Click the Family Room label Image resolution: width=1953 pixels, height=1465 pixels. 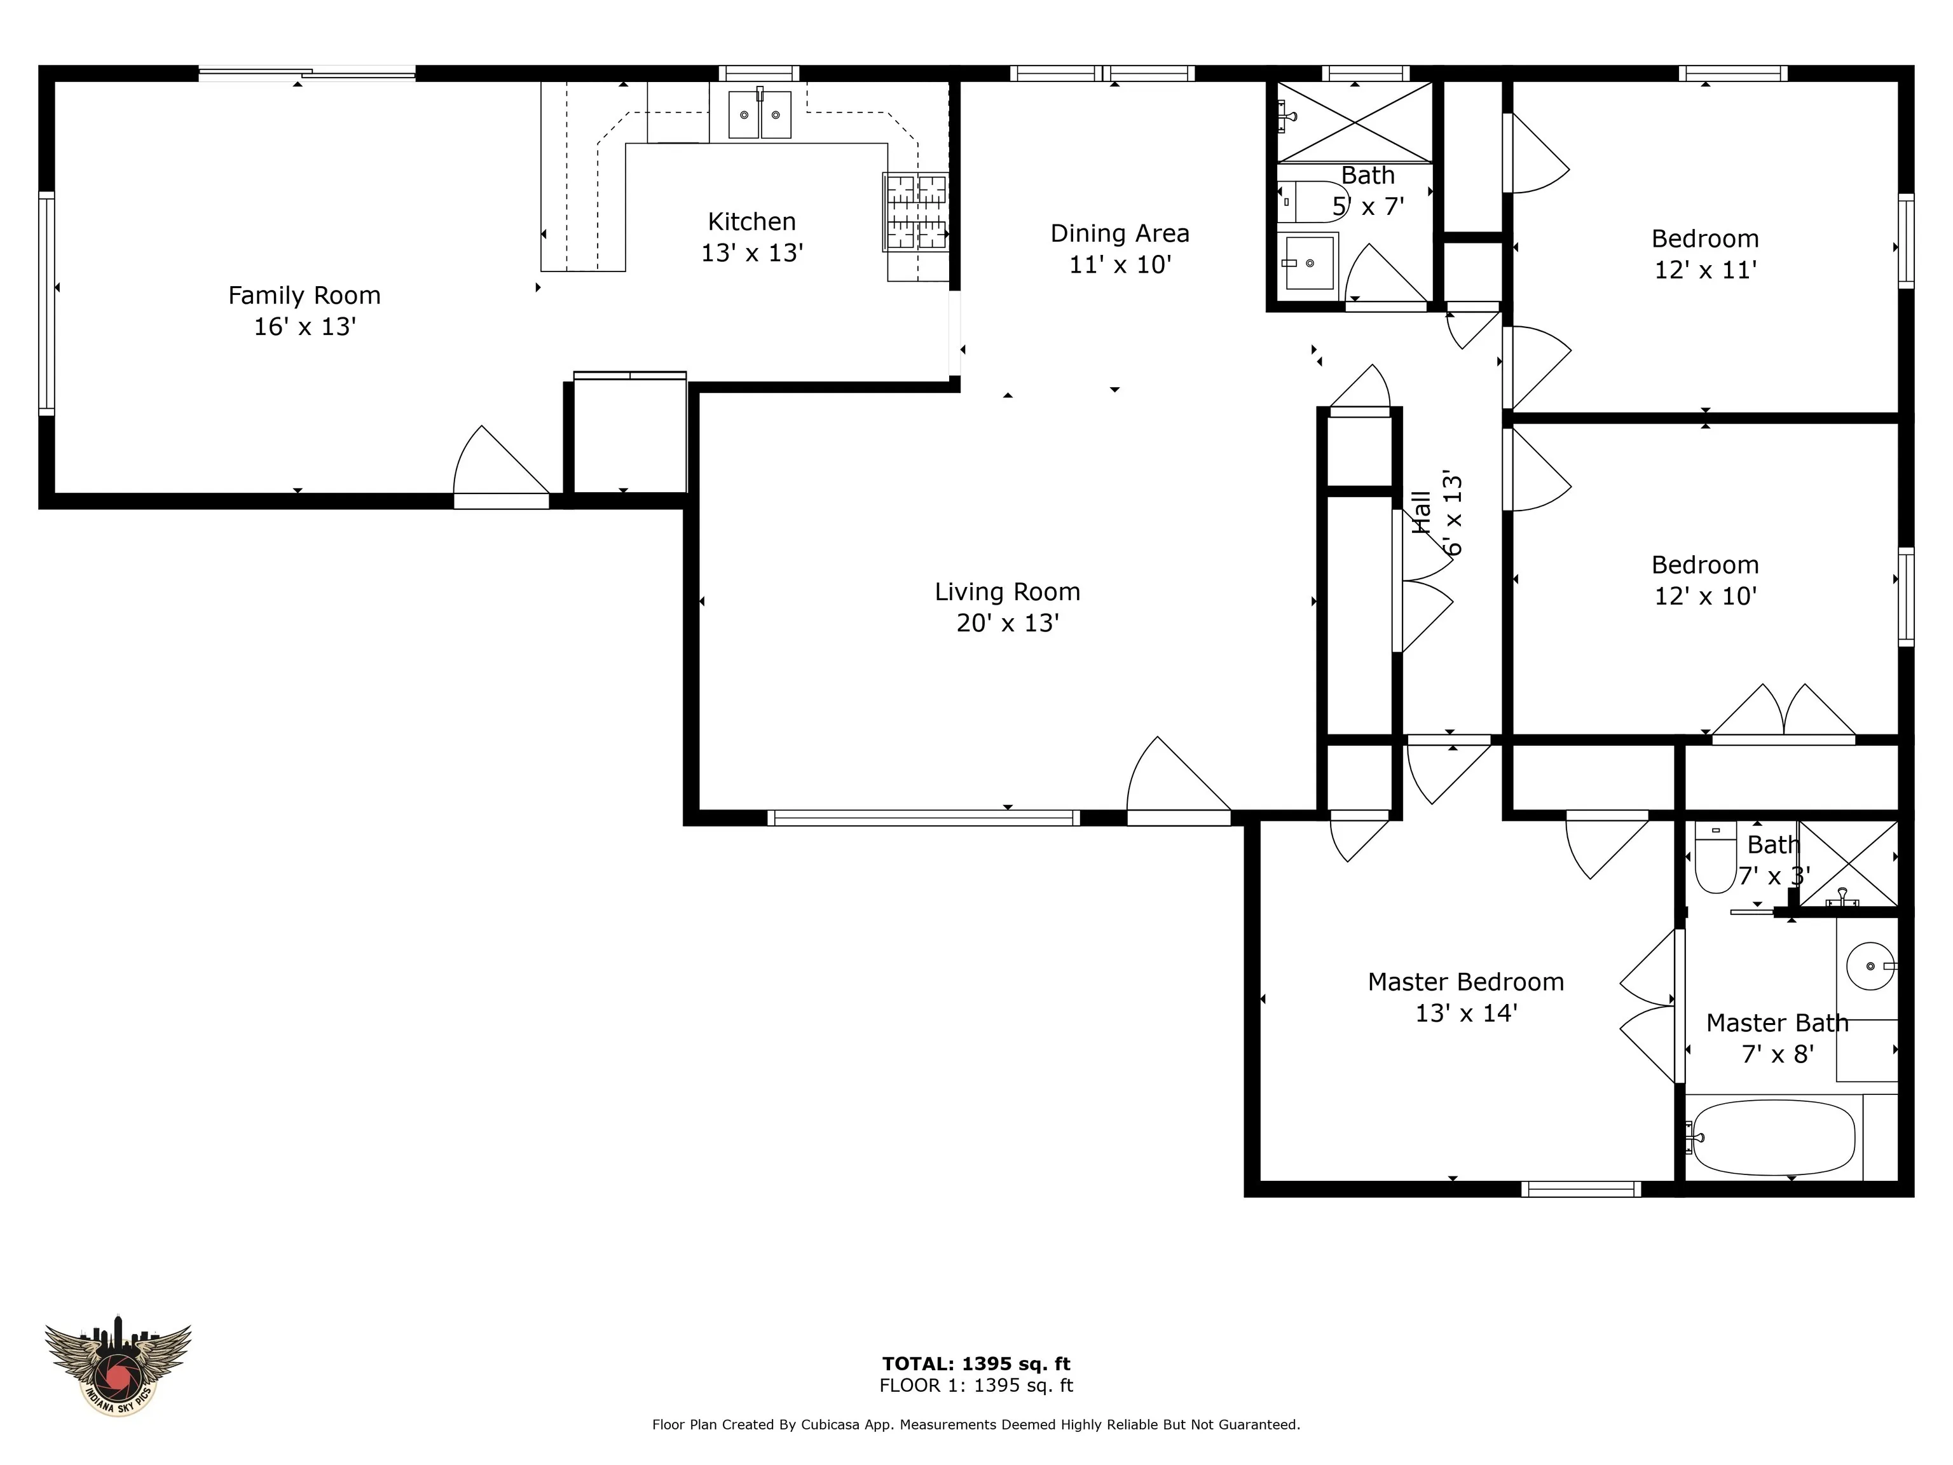[305, 295]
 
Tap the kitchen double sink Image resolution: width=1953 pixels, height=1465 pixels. [759, 115]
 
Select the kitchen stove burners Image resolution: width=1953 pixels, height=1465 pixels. [917, 212]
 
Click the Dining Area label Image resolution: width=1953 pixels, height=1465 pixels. [1120, 233]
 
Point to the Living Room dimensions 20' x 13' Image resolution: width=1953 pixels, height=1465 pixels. [1008, 623]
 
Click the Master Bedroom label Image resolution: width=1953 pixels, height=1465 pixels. [1465, 982]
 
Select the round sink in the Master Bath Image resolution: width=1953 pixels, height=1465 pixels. [1870, 965]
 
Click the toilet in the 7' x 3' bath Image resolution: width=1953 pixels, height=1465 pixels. [1715, 858]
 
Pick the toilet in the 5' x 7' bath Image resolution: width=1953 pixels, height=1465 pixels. [1310, 202]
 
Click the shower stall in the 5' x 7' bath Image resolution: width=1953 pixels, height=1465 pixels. [1354, 122]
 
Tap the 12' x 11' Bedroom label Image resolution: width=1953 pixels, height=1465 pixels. [1705, 238]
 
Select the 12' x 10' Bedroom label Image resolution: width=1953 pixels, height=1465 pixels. [1705, 565]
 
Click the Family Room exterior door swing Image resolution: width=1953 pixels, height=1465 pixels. [500, 466]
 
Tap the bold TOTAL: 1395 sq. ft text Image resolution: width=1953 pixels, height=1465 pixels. [976, 1365]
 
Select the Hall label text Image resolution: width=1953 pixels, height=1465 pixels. [1422, 512]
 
